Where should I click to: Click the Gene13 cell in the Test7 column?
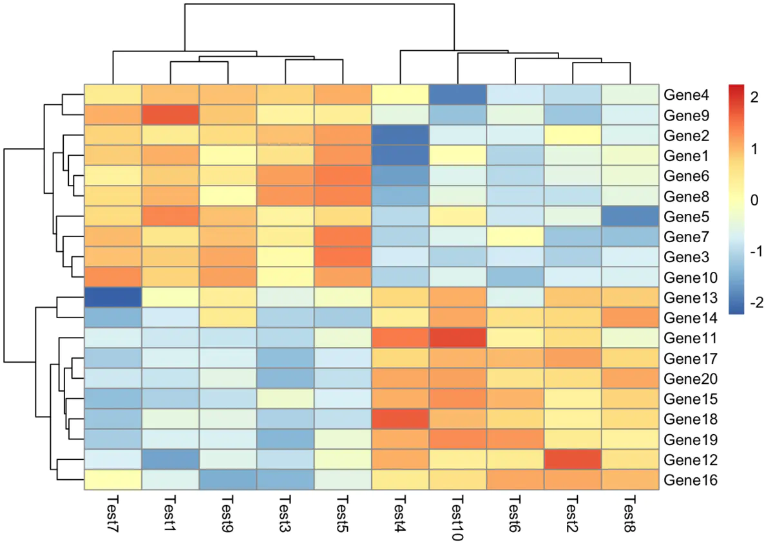[x=113, y=298]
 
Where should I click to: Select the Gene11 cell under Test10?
[x=458, y=338]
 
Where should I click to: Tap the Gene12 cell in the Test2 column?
[x=573, y=460]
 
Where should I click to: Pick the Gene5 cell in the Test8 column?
[x=631, y=216]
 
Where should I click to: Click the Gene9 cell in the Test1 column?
[x=170, y=115]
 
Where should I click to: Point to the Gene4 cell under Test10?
[x=458, y=95]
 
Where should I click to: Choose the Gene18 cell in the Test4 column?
[x=400, y=419]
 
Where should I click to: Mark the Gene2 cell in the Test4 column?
[x=400, y=135]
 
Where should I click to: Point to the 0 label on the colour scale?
[x=754, y=200]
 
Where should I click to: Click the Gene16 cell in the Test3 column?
[x=285, y=480]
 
